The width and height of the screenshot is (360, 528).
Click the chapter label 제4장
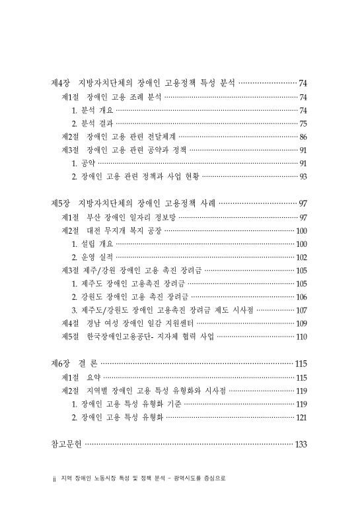(x=61, y=83)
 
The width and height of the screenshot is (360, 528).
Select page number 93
(x=303, y=176)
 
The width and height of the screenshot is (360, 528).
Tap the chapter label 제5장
(x=61, y=203)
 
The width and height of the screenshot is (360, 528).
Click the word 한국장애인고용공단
(x=122, y=337)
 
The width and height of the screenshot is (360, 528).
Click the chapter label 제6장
(x=61, y=364)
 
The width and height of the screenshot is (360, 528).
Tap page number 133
(x=301, y=444)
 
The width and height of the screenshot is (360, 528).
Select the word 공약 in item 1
(x=87, y=163)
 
